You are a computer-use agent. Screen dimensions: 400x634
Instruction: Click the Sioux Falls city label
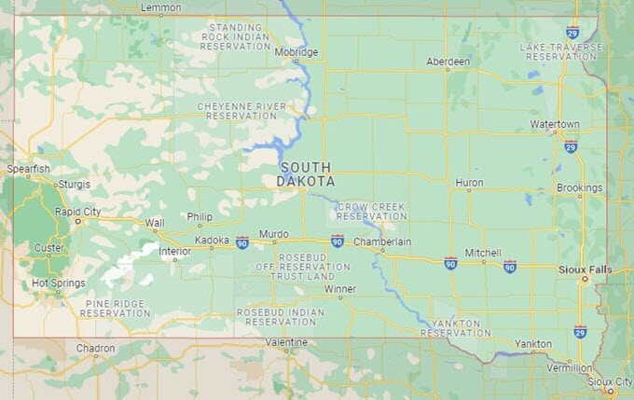(585, 269)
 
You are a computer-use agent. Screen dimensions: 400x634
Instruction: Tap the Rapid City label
(77, 212)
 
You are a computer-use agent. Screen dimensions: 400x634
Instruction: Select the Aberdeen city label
(448, 61)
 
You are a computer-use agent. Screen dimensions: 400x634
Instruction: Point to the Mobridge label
(296, 52)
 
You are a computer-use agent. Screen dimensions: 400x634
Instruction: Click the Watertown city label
(555, 124)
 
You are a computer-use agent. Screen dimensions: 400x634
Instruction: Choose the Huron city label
(469, 183)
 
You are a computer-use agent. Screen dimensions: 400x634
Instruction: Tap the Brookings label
(579, 187)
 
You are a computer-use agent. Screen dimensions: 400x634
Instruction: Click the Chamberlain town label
(382, 241)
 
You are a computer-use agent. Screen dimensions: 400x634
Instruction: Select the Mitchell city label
(483, 253)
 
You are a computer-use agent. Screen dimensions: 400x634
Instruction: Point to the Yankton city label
(533, 343)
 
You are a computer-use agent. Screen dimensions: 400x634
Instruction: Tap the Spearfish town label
(27, 169)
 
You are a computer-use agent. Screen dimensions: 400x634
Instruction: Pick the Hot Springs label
(58, 283)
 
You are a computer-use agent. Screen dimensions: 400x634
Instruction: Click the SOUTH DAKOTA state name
(306, 174)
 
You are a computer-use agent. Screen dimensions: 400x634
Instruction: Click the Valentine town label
(285, 342)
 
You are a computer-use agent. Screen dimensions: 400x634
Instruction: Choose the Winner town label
(340, 289)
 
